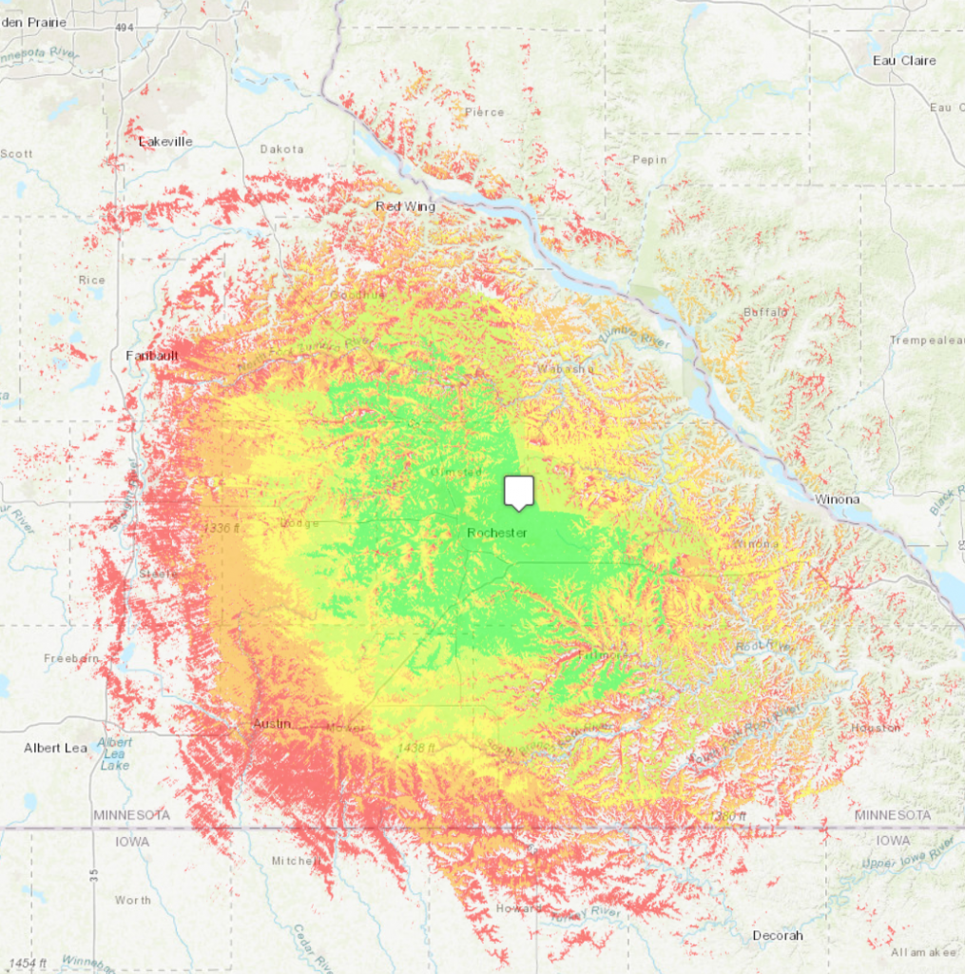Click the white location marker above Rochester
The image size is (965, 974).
coord(518,492)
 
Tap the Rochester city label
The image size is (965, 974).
coord(496,533)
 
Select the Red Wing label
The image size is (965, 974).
coord(405,206)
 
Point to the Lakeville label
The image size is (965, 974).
coord(165,142)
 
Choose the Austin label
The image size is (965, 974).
coord(271,724)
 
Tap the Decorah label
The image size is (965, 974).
coord(777,935)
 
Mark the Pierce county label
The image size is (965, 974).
coord(484,112)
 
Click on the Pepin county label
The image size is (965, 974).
coord(650,160)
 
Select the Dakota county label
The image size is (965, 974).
coord(281,149)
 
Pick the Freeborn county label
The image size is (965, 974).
coord(72,658)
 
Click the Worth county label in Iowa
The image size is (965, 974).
coord(132,900)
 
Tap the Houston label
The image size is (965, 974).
coord(877,728)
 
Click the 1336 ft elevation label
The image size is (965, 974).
coord(221,527)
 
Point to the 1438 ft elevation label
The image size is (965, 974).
coord(417,749)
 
